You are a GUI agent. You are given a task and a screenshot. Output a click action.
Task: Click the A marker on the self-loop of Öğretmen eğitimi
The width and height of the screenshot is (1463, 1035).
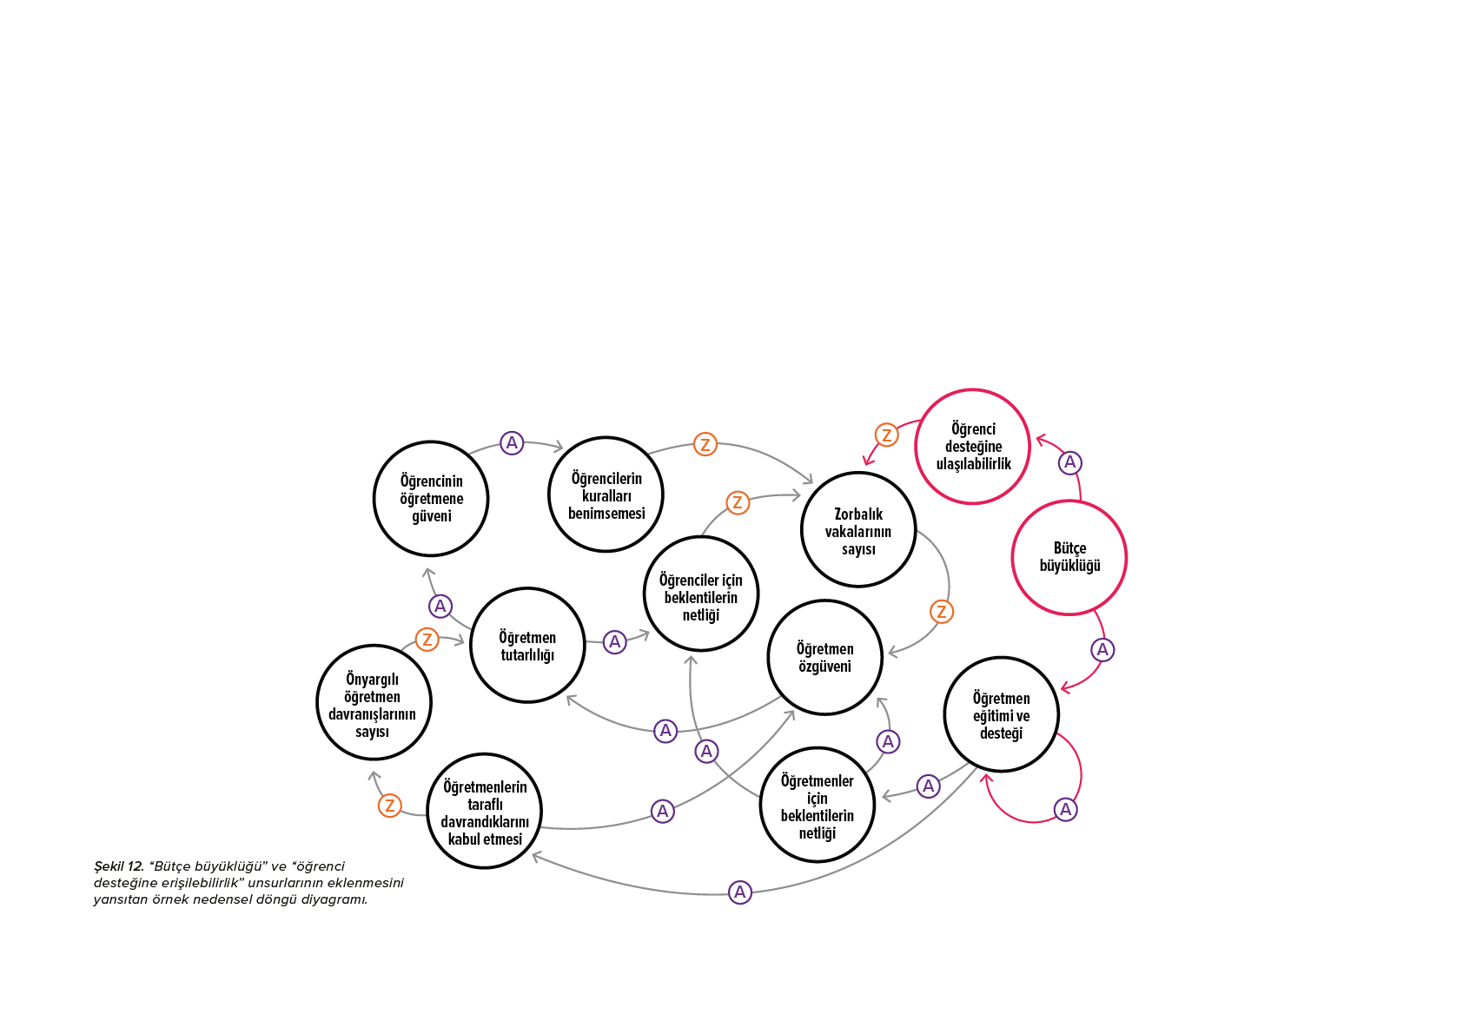pyautogui.click(x=1065, y=810)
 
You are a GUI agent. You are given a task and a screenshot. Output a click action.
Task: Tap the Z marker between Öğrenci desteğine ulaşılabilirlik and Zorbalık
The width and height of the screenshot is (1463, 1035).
pyautogui.click(x=886, y=435)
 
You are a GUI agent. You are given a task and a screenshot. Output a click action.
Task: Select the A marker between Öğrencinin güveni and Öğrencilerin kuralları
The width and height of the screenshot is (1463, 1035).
pyautogui.click(x=512, y=443)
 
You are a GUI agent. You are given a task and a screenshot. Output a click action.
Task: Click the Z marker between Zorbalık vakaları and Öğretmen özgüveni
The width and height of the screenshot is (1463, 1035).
pyautogui.click(x=941, y=612)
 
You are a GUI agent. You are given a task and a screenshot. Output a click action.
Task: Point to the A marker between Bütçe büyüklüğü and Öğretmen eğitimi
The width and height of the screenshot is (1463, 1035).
pyautogui.click(x=1102, y=650)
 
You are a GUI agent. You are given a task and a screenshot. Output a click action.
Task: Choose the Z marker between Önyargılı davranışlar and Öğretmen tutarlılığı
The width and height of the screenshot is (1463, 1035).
pyautogui.click(x=427, y=639)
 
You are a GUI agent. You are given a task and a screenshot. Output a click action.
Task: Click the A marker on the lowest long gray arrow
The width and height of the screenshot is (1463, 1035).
pyautogui.click(x=740, y=892)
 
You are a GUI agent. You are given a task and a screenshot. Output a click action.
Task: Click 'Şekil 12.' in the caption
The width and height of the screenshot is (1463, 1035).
pyautogui.click(x=119, y=866)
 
